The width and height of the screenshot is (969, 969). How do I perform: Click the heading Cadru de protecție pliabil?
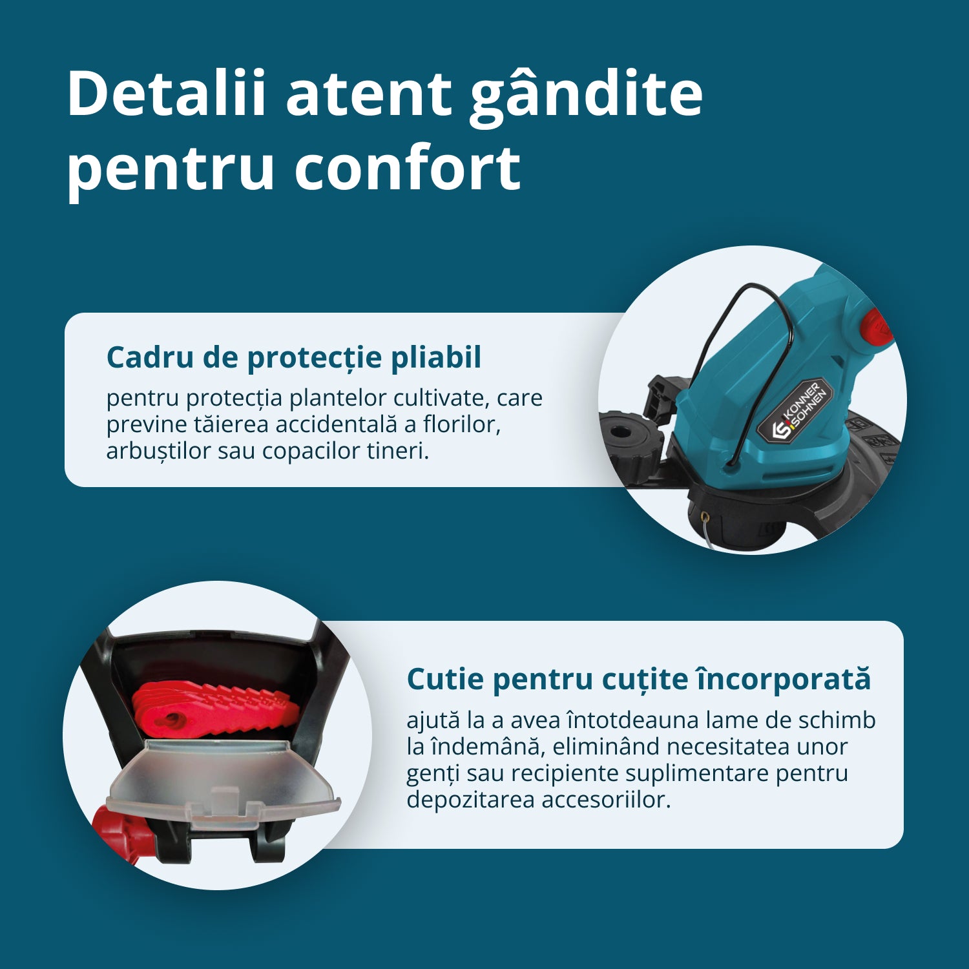(294, 357)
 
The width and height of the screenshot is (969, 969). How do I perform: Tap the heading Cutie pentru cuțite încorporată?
(639, 680)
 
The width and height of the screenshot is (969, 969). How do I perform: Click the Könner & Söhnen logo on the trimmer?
(795, 411)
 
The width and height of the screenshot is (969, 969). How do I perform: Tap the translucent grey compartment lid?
(223, 783)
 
